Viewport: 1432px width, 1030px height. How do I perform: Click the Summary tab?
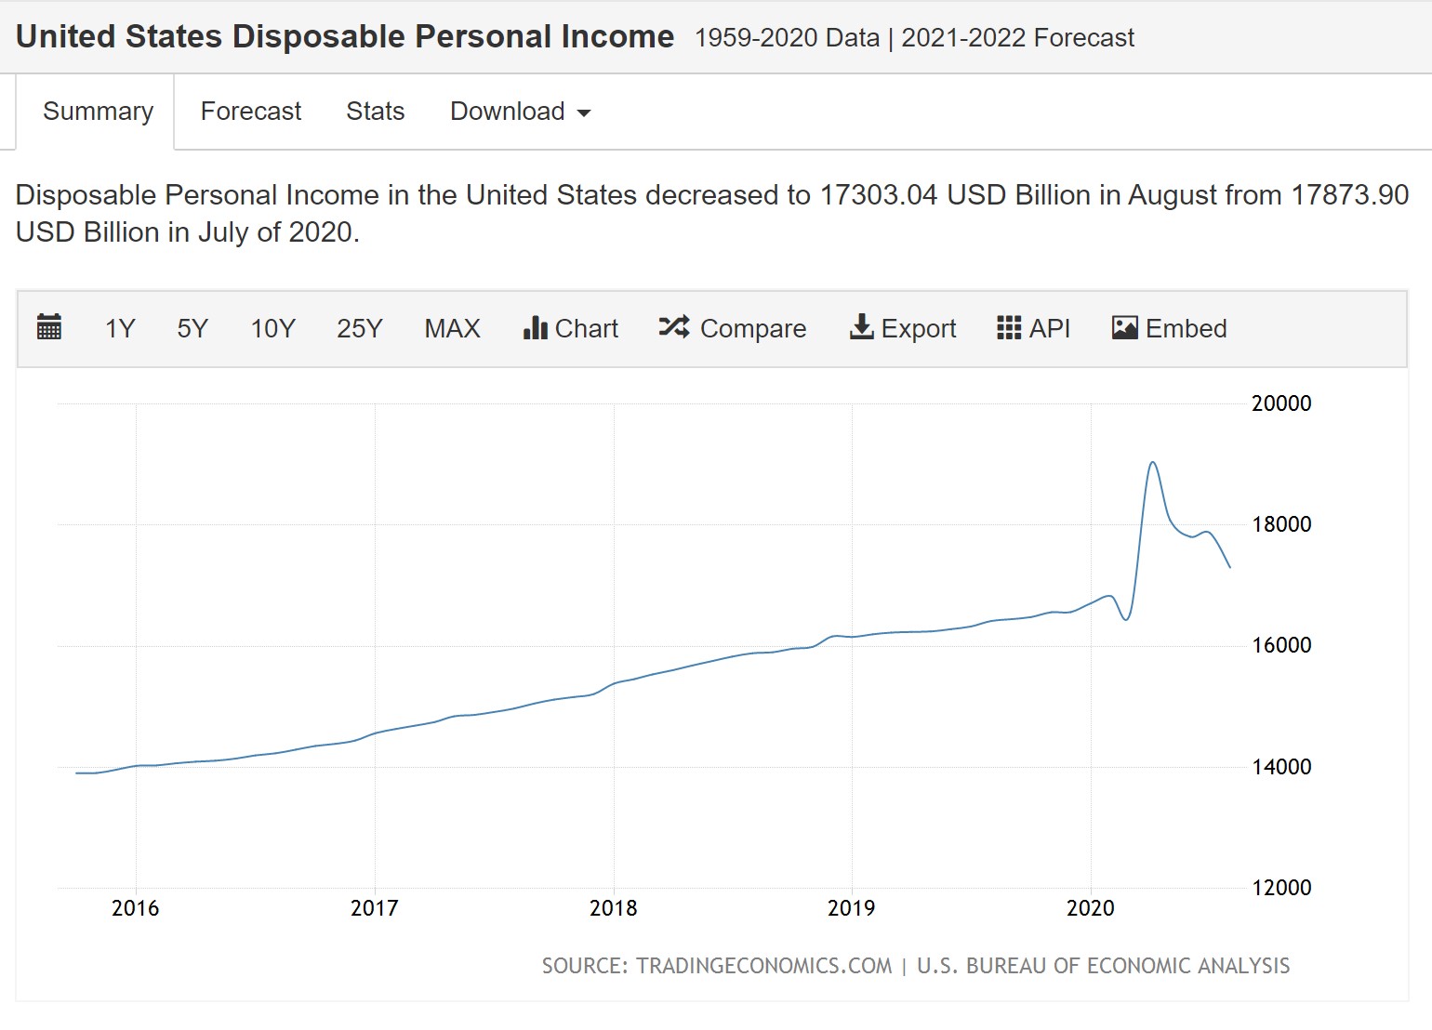[98, 112]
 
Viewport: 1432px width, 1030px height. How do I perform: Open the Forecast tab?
[251, 112]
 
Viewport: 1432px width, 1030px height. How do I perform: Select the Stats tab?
[375, 112]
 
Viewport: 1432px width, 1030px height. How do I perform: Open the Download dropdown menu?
[520, 112]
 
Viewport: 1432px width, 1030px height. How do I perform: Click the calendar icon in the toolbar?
[49, 328]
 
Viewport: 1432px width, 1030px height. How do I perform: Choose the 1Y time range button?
[120, 329]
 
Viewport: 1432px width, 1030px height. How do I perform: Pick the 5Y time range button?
[192, 329]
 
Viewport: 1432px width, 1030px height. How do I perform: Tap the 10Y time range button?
[272, 329]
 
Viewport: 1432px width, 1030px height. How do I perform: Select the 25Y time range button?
[359, 329]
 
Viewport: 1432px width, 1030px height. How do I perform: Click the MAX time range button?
[452, 329]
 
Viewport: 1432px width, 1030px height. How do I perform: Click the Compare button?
[733, 329]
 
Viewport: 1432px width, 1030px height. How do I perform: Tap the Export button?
[903, 329]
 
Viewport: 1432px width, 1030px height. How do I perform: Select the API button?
[1033, 329]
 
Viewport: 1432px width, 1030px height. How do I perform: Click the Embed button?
[1169, 329]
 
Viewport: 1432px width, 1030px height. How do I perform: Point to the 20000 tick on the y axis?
[1281, 403]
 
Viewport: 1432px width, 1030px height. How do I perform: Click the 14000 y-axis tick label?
[1281, 767]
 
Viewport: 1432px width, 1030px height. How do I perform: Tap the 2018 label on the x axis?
[613, 908]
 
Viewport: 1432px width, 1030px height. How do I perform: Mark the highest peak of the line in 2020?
[1152, 463]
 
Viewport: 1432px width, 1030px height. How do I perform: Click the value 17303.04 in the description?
[878, 195]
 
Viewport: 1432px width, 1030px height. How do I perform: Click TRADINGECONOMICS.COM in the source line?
[763, 966]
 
